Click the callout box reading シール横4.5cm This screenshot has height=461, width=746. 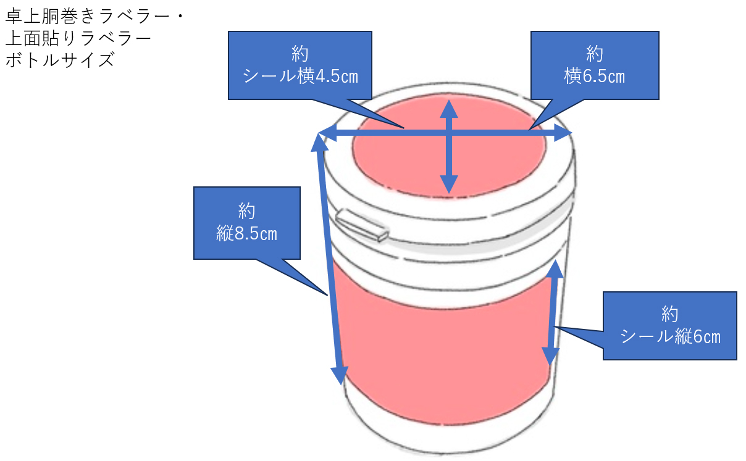300,65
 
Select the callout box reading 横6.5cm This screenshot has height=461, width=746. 594,65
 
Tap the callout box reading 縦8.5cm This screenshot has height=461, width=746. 246,223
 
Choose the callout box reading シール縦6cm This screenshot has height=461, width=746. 669,325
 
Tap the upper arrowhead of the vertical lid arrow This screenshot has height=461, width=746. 449,109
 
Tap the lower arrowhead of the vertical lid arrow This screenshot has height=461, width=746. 449,185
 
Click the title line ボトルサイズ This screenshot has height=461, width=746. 60,60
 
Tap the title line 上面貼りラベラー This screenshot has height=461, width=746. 78,38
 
